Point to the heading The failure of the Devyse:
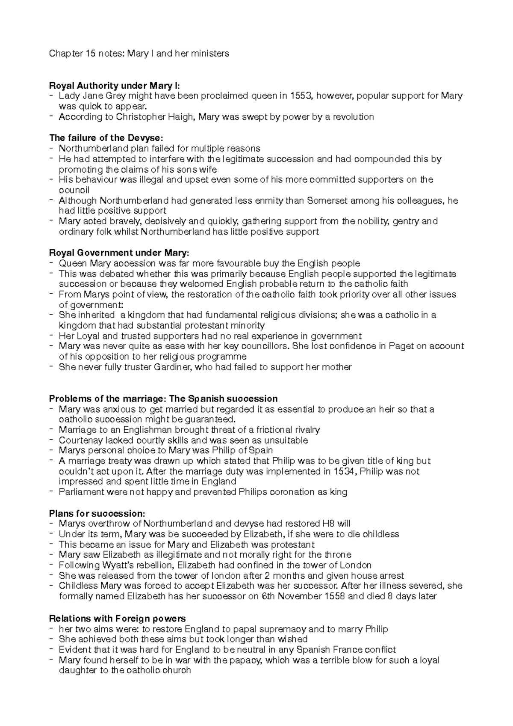(x=106, y=138)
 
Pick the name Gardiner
(x=171, y=367)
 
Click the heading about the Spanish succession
(x=163, y=399)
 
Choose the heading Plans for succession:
(x=97, y=513)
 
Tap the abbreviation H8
(x=326, y=524)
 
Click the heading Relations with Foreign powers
(x=118, y=619)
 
